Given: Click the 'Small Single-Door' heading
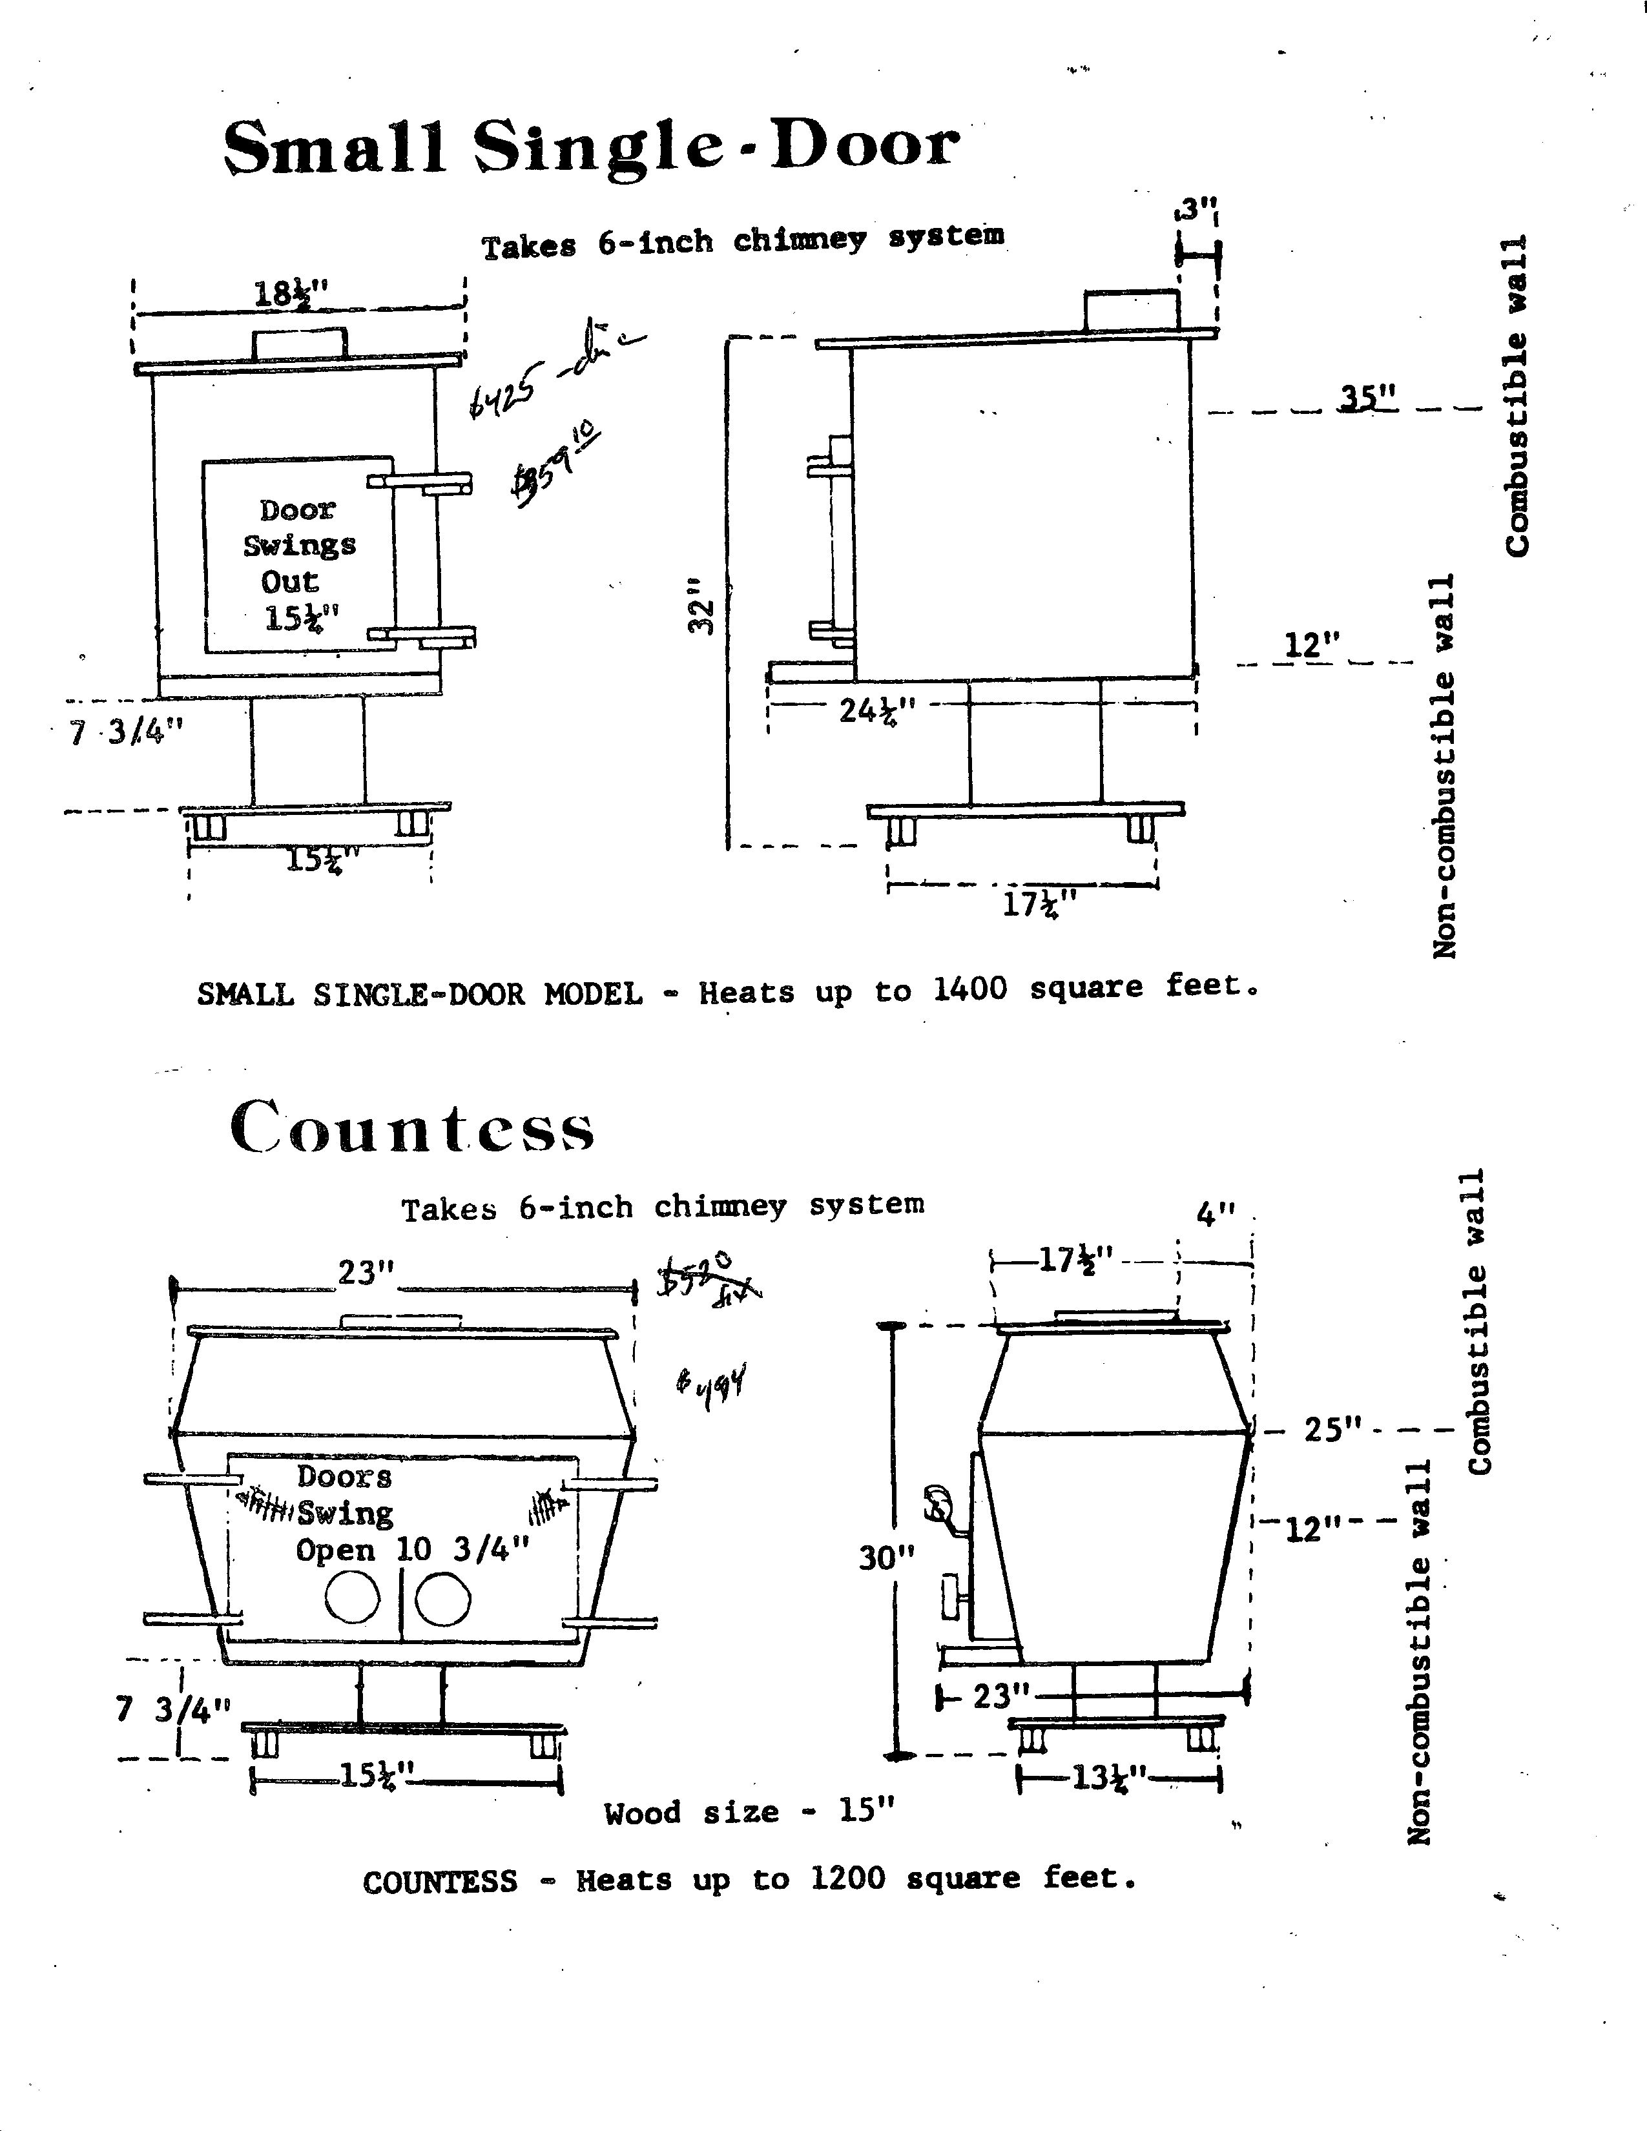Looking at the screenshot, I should [590, 149].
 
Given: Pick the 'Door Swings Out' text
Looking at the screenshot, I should [298, 546].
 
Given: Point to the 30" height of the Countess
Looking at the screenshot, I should [886, 1558].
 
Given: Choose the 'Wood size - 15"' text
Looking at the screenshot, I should [749, 1813].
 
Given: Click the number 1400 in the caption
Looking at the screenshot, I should [971, 989].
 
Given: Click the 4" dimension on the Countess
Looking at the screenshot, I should [1215, 1215].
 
